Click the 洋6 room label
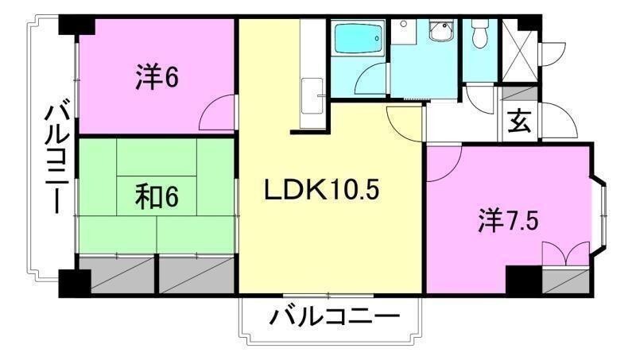click(x=156, y=77)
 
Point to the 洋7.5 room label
click(x=510, y=219)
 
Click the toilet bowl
click(x=479, y=36)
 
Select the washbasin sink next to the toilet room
click(x=438, y=33)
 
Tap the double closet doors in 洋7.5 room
click(x=565, y=257)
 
